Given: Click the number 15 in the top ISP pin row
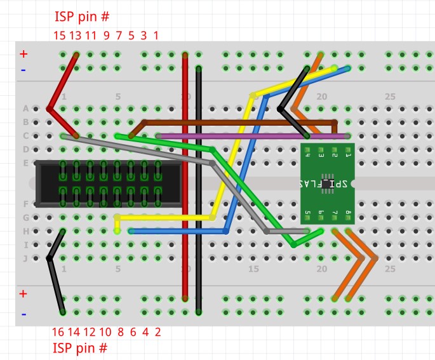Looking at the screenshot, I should point(60,36).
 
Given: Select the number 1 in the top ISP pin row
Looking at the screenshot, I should point(156,36).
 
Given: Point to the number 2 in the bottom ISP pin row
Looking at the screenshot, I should point(157,331).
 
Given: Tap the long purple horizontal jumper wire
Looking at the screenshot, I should point(254,136).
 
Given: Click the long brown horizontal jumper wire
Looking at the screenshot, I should point(241,121).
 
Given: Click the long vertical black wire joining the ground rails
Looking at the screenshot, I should point(199,190).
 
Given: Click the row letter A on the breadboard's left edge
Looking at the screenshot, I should point(25,109).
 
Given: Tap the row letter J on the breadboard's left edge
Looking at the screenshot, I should point(25,258).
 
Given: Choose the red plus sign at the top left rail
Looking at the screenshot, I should point(23,55).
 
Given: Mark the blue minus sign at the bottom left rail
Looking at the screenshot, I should point(23,313).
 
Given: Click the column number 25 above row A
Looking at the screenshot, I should point(390,97).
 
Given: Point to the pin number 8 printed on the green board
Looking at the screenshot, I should point(348,213).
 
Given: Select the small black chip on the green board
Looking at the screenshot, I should point(327,183).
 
